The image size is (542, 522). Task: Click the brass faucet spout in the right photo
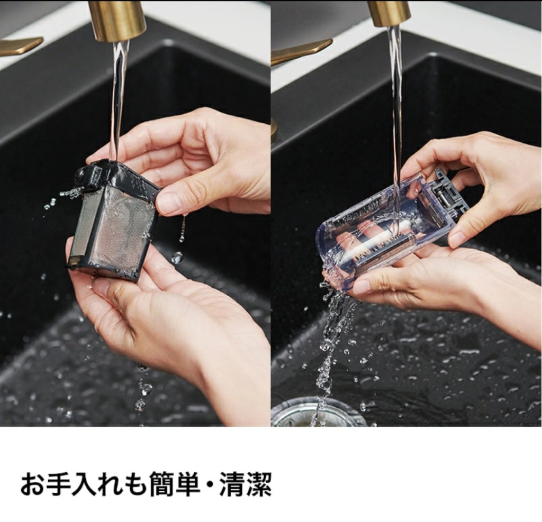[x=389, y=13]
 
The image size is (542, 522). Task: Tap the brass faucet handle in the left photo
[x=20, y=46]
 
